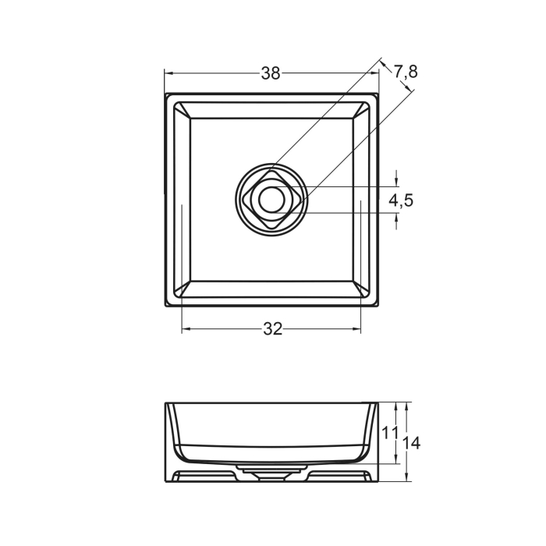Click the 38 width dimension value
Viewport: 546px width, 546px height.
tap(271, 73)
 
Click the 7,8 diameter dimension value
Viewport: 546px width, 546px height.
tap(406, 72)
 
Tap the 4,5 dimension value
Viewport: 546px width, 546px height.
tap(401, 200)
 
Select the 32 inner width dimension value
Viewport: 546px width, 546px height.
tap(271, 329)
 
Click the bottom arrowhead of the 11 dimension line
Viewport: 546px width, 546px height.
tap(396, 460)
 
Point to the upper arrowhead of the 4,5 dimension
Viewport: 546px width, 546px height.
tap(396, 183)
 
